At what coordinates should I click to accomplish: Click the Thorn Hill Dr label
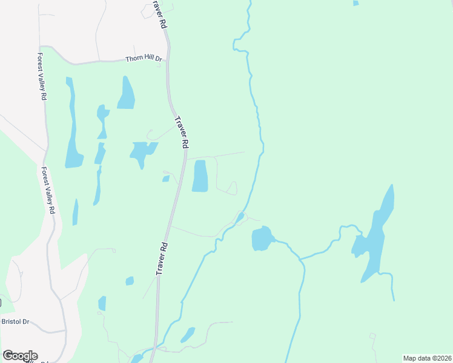click(x=144, y=59)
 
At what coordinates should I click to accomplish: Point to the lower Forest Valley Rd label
click(x=48, y=191)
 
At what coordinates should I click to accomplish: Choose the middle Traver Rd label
click(x=182, y=132)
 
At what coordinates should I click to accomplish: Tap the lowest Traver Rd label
click(x=162, y=259)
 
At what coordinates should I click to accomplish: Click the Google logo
click(x=20, y=356)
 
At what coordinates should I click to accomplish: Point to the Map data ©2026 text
click(x=427, y=358)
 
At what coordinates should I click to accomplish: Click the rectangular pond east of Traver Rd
click(x=200, y=176)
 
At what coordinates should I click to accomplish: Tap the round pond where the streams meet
click(x=262, y=238)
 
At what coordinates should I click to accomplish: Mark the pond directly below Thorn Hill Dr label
click(x=127, y=94)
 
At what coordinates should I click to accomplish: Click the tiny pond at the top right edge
click(x=355, y=3)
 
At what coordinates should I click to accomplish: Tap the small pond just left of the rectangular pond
click(x=165, y=178)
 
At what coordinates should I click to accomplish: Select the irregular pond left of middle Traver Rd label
click(x=142, y=151)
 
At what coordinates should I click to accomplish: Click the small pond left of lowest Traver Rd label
click(x=130, y=281)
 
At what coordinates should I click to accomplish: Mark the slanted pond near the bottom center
click(x=188, y=335)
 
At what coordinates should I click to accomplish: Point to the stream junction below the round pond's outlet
click(x=300, y=258)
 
